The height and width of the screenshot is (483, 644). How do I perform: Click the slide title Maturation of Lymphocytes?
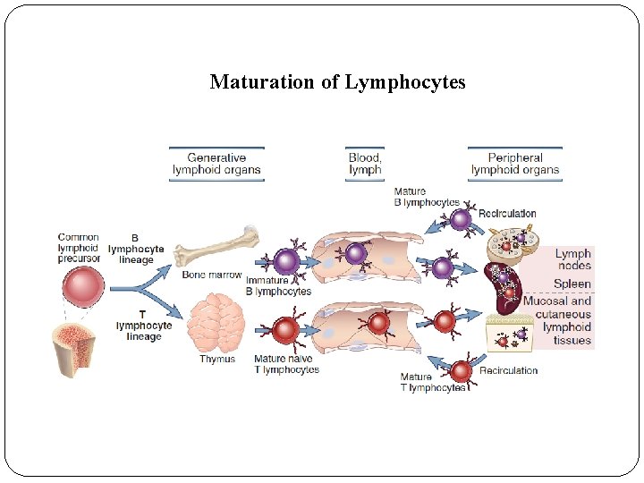tap(337, 82)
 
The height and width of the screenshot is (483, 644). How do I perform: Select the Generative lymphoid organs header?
tap(216, 164)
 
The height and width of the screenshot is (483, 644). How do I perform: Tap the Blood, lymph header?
tap(365, 164)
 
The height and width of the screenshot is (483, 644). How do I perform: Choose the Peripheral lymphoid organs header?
tap(515, 164)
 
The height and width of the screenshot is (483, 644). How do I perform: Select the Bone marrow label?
tap(212, 275)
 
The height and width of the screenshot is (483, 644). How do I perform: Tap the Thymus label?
tap(217, 360)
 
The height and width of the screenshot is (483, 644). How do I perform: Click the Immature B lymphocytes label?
tap(278, 286)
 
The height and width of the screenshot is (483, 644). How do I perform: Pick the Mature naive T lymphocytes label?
tap(286, 364)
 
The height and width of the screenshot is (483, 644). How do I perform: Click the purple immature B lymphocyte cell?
tap(285, 261)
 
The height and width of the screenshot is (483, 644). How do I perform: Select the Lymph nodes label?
tap(573, 259)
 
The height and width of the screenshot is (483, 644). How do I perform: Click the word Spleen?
tap(572, 284)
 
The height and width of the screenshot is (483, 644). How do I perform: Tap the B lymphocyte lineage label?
tap(136, 250)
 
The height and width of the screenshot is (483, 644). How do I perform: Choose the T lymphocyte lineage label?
tap(143, 326)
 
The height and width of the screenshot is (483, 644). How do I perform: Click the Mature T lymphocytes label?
tap(433, 382)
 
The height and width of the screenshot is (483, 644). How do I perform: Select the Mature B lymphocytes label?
tap(427, 197)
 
